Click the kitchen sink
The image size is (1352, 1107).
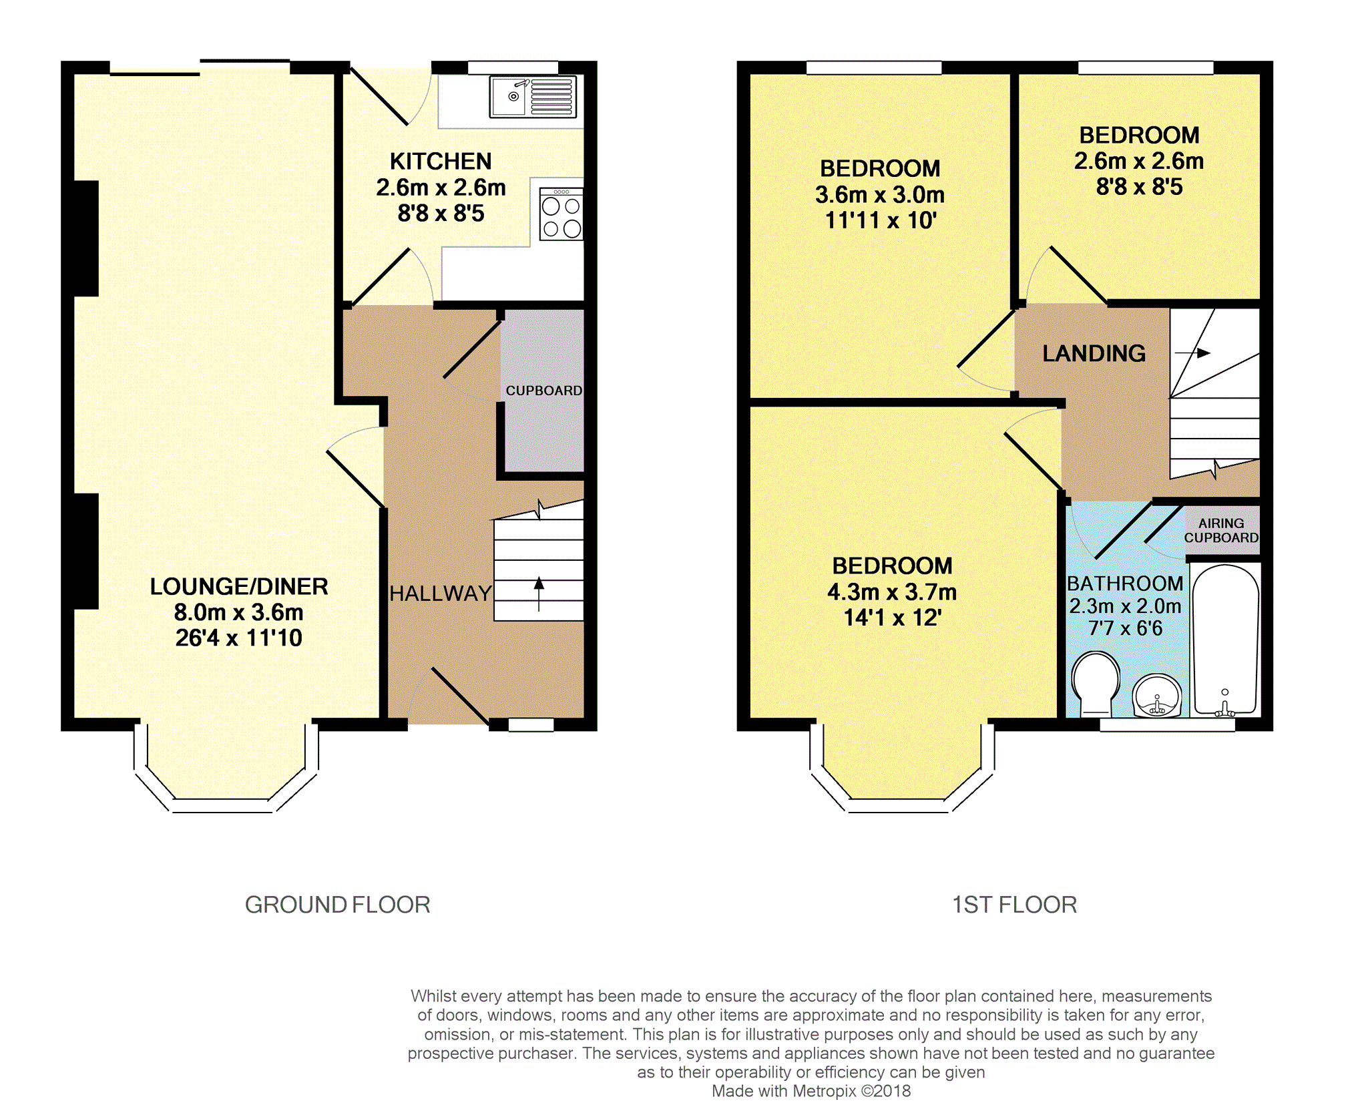[532, 97]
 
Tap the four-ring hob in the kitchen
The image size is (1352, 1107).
[561, 214]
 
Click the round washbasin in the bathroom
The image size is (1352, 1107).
[1157, 696]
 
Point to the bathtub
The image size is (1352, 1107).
[1225, 640]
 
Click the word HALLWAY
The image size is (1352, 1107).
[441, 593]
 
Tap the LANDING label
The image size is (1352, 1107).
[1094, 353]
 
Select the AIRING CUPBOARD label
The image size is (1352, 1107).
[1221, 531]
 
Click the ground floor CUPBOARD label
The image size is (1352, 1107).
[543, 391]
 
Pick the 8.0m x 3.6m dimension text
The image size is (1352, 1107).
[239, 612]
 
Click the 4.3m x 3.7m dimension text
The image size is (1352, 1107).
[892, 592]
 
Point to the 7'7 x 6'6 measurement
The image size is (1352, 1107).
[1126, 628]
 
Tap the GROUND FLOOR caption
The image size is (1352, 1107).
[338, 905]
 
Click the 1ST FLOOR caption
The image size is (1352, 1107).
[1014, 905]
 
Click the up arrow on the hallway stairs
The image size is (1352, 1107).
[539, 594]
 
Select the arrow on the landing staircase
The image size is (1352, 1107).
[1192, 353]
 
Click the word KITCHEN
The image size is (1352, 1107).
[441, 162]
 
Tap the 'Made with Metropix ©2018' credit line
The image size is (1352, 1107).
[811, 1091]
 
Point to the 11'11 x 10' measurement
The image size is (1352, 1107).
[881, 220]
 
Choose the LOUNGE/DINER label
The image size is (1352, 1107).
[239, 586]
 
